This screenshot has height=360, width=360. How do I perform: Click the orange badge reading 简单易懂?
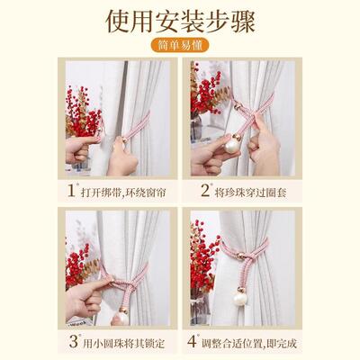[x=180, y=45]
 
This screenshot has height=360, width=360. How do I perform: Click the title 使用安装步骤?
[x=180, y=21]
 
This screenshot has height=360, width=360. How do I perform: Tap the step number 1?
[x=72, y=190]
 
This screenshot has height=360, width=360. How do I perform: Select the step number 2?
[x=205, y=190]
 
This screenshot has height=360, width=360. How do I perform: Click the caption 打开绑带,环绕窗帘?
[x=123, y=193]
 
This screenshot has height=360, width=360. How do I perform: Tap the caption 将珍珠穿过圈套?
[x=250, y=193]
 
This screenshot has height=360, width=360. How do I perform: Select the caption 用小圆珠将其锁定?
[x=124, y=343]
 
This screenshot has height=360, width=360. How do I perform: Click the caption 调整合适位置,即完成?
[x=249, y=343]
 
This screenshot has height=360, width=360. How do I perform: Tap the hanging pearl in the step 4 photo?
[x=240, y=298]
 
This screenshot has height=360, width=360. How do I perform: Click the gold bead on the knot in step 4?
[x=240, y=256]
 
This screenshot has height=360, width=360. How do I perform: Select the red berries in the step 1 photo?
[x=82, y=112]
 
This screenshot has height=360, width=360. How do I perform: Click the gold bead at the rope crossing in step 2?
[x=238, y=106]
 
